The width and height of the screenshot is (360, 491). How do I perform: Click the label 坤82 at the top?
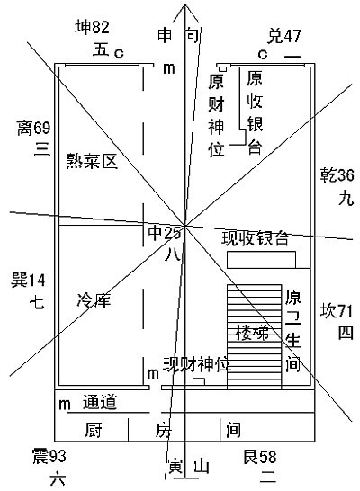pyautogui.click(x=93, y=27)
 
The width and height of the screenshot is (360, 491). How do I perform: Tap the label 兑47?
pyautogui.click(x=283, y=36)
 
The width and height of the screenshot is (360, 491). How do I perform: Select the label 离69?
pyautogui.click(x=33, y=128)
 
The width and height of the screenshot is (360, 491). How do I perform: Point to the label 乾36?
pyautogui.click(x=337, y=175)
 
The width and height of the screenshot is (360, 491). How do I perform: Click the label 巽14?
pyautogui.click(x=28, y=280)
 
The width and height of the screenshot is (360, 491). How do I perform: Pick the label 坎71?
pyautogui.click(x=337, y=311)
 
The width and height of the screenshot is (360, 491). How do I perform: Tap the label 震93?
pyautogui.click(x=49, y=456)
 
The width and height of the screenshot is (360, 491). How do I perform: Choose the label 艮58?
pyautogui.click(x=260, y=457)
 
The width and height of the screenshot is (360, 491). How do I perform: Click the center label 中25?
pyautogui.click(x=164, y=233)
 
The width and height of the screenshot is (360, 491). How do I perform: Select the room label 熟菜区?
pyautogui.click(x=92, y=162)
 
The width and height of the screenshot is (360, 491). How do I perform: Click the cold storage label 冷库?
pyautogui.click(x=94, y=300)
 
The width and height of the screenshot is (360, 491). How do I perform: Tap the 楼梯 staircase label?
pyautogui.click(x=253, y=333)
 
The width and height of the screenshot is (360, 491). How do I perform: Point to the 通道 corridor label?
pyautogui.click(x=100, y=402)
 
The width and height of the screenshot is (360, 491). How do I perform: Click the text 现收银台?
pyautogui.click(x=255, y=238)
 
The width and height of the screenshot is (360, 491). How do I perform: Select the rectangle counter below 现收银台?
pyautogui.click(x=261, y=260)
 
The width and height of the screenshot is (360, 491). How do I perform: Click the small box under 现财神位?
pyautogui.click(x=199, y=382)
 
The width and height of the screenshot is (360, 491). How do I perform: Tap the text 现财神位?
pyautogui.click(x=197, y=364)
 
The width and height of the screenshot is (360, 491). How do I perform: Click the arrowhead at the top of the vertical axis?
pyautogui.click(x=185, y=4)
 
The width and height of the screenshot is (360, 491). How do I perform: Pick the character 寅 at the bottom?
pyautogui.click(x=175, y=466)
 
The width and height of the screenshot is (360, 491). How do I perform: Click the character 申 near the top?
pyautogui.click(x=165, y=35)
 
